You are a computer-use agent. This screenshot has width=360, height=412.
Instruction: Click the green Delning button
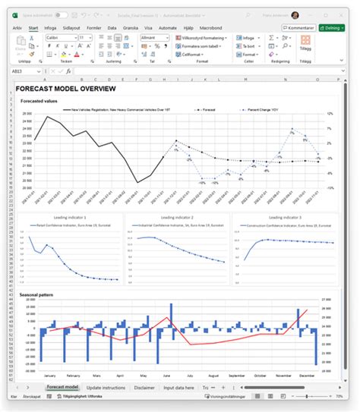click(332, 27)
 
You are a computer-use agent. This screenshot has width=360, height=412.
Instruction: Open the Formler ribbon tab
click(95, 27)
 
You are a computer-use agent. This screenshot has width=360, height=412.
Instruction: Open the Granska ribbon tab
click(131, 27)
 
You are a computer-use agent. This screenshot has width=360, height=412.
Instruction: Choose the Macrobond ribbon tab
click(189, 27)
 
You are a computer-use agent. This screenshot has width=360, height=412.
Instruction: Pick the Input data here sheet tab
click(182, 388)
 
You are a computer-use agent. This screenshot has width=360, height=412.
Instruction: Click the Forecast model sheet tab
click(62, 388)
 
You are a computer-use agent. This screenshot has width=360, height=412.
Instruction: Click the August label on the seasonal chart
click(210, 376)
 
